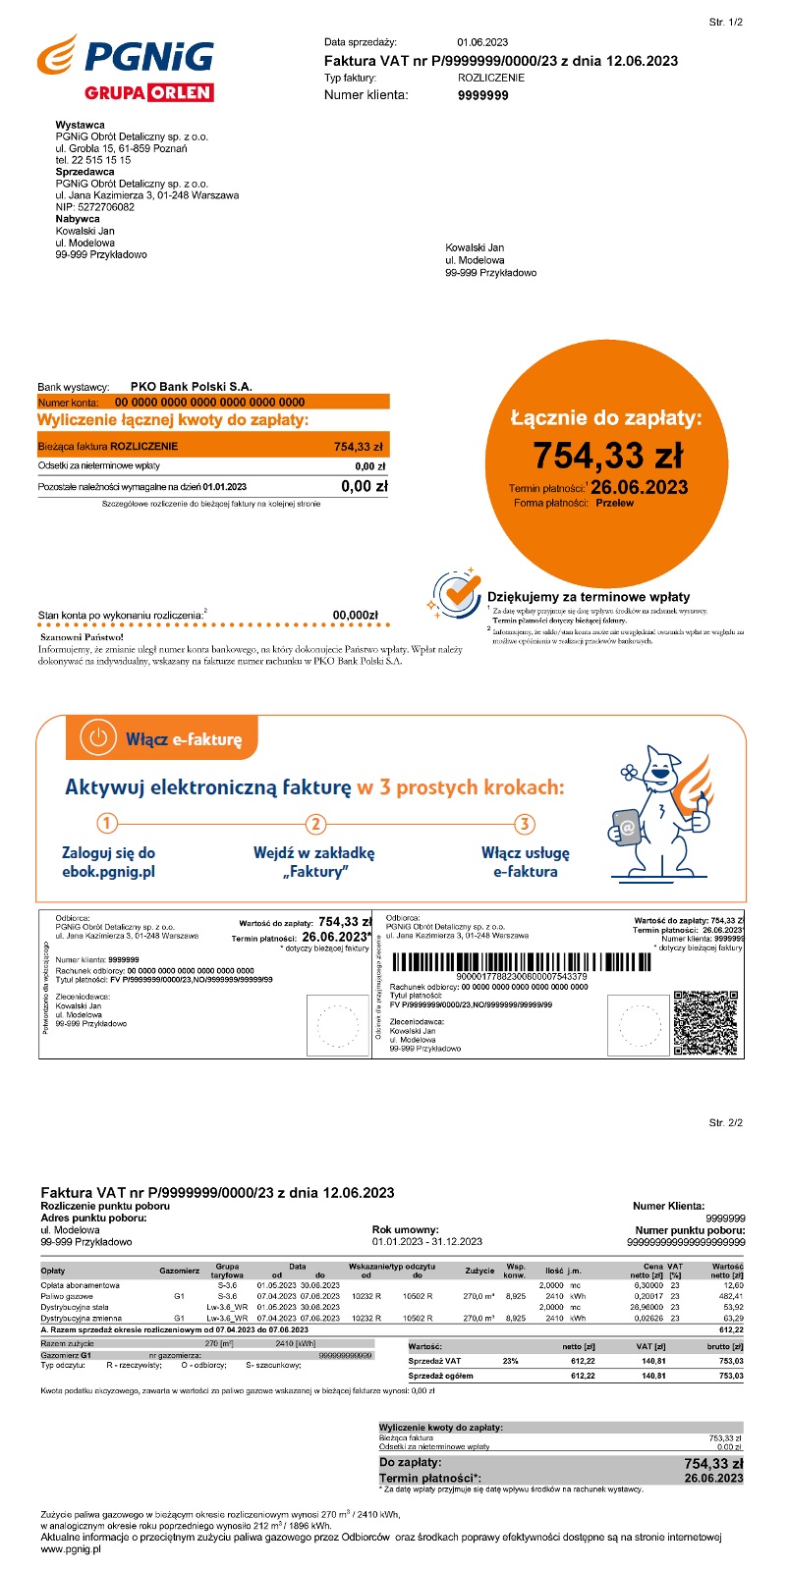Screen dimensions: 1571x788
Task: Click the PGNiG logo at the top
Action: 125,57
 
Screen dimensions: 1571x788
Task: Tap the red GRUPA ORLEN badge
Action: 149,93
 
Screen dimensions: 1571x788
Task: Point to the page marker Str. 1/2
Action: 726,22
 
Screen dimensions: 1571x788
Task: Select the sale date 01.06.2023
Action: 482,42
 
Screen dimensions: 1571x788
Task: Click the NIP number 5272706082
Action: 107,207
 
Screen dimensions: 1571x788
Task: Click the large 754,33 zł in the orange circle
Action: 607,456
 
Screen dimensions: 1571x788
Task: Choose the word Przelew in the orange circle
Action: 615,503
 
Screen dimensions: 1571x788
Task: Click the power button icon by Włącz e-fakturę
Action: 97,737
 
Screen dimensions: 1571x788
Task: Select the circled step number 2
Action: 315,824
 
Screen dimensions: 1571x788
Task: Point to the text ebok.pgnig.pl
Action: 108,871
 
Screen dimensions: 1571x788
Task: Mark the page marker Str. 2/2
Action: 726,1122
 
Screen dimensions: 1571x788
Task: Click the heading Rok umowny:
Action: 406,1229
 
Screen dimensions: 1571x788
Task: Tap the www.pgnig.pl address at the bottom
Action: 71,1549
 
